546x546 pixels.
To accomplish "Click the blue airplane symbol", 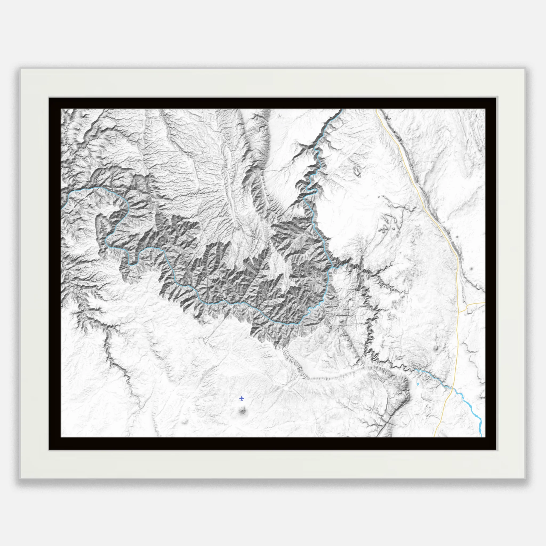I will [x=241, y=399].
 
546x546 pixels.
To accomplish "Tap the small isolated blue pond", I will [x=418, y=384].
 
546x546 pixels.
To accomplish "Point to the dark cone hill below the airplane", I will [x=242, y=410].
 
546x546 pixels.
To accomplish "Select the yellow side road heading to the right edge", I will [x=476, y=303].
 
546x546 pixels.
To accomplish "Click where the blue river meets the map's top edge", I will [x=342, y=109].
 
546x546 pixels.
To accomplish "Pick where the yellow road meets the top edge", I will [x=377, y=109].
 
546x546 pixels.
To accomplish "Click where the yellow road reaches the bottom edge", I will [x=434, y=436].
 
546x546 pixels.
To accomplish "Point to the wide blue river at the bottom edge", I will [x=481, y=435].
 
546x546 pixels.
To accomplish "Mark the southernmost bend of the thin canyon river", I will [x=294, y=323].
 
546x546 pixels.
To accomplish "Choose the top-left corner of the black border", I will [x=49, y=98].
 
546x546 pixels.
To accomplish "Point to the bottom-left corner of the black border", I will [x=49, y=450].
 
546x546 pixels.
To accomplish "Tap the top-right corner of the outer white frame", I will [x=524, y=69].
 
